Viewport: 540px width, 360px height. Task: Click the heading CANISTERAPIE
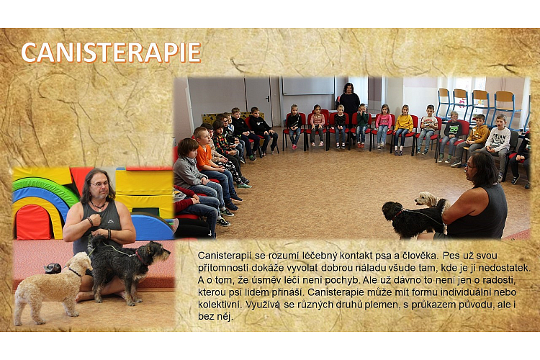click(111, 53)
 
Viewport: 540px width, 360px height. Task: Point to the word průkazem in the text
click(430, 305)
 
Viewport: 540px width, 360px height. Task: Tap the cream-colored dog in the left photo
click(52, 287)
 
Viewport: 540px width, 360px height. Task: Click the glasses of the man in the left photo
click(99, 184)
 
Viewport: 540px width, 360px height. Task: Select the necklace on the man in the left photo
click(98, 207)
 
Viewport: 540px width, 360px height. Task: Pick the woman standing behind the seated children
click(349, 104)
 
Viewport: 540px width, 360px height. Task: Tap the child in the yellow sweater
click(403, 130)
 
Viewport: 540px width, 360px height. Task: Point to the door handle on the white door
click(268, 98)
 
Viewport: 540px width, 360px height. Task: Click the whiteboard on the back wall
click(308, 86)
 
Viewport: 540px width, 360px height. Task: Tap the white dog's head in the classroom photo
click(423, 199)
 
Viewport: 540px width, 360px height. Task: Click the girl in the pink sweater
click(383, 127)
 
